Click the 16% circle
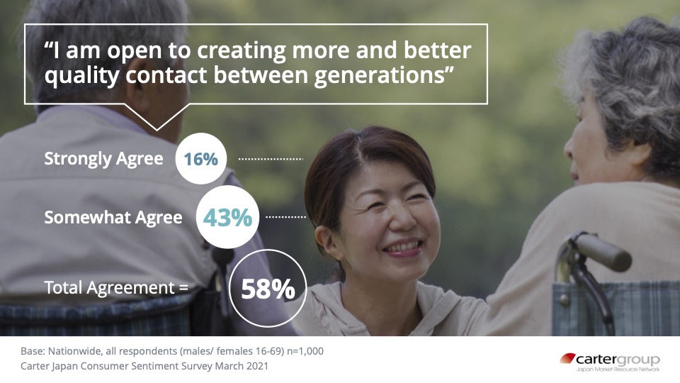point(200,158)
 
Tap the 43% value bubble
point(227,217)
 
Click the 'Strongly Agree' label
point(103,159)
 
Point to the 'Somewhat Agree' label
point(113,218)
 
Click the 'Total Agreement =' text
point(116,288)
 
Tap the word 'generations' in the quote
point(380,75)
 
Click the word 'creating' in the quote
point(241,51)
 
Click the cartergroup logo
point(610,362)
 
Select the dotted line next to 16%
point(271,160)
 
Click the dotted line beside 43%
point(285,217)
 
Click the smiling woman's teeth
point(403,247)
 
